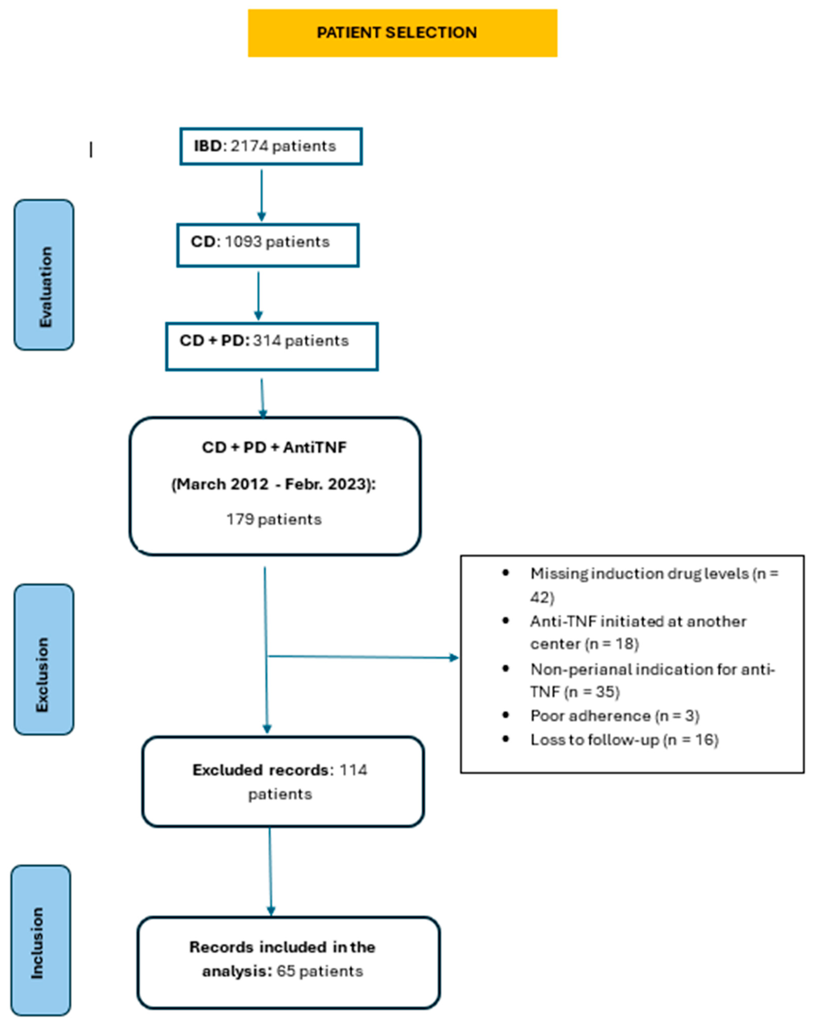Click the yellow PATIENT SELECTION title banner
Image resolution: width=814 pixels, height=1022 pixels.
(x=402, y=33)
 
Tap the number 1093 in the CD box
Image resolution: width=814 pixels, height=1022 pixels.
(x=243, y=242)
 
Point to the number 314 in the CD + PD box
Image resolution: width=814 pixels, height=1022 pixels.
(x=267, y=341)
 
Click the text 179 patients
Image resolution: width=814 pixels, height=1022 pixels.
(x=274, y=519)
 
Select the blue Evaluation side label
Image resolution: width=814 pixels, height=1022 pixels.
(x=44, y=275)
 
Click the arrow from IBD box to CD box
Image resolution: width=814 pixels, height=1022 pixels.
(x=261, y=194)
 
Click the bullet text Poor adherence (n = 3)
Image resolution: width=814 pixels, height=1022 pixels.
(x=615, y=716)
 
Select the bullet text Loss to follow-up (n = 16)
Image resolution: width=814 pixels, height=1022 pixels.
(x=624, y=740)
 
